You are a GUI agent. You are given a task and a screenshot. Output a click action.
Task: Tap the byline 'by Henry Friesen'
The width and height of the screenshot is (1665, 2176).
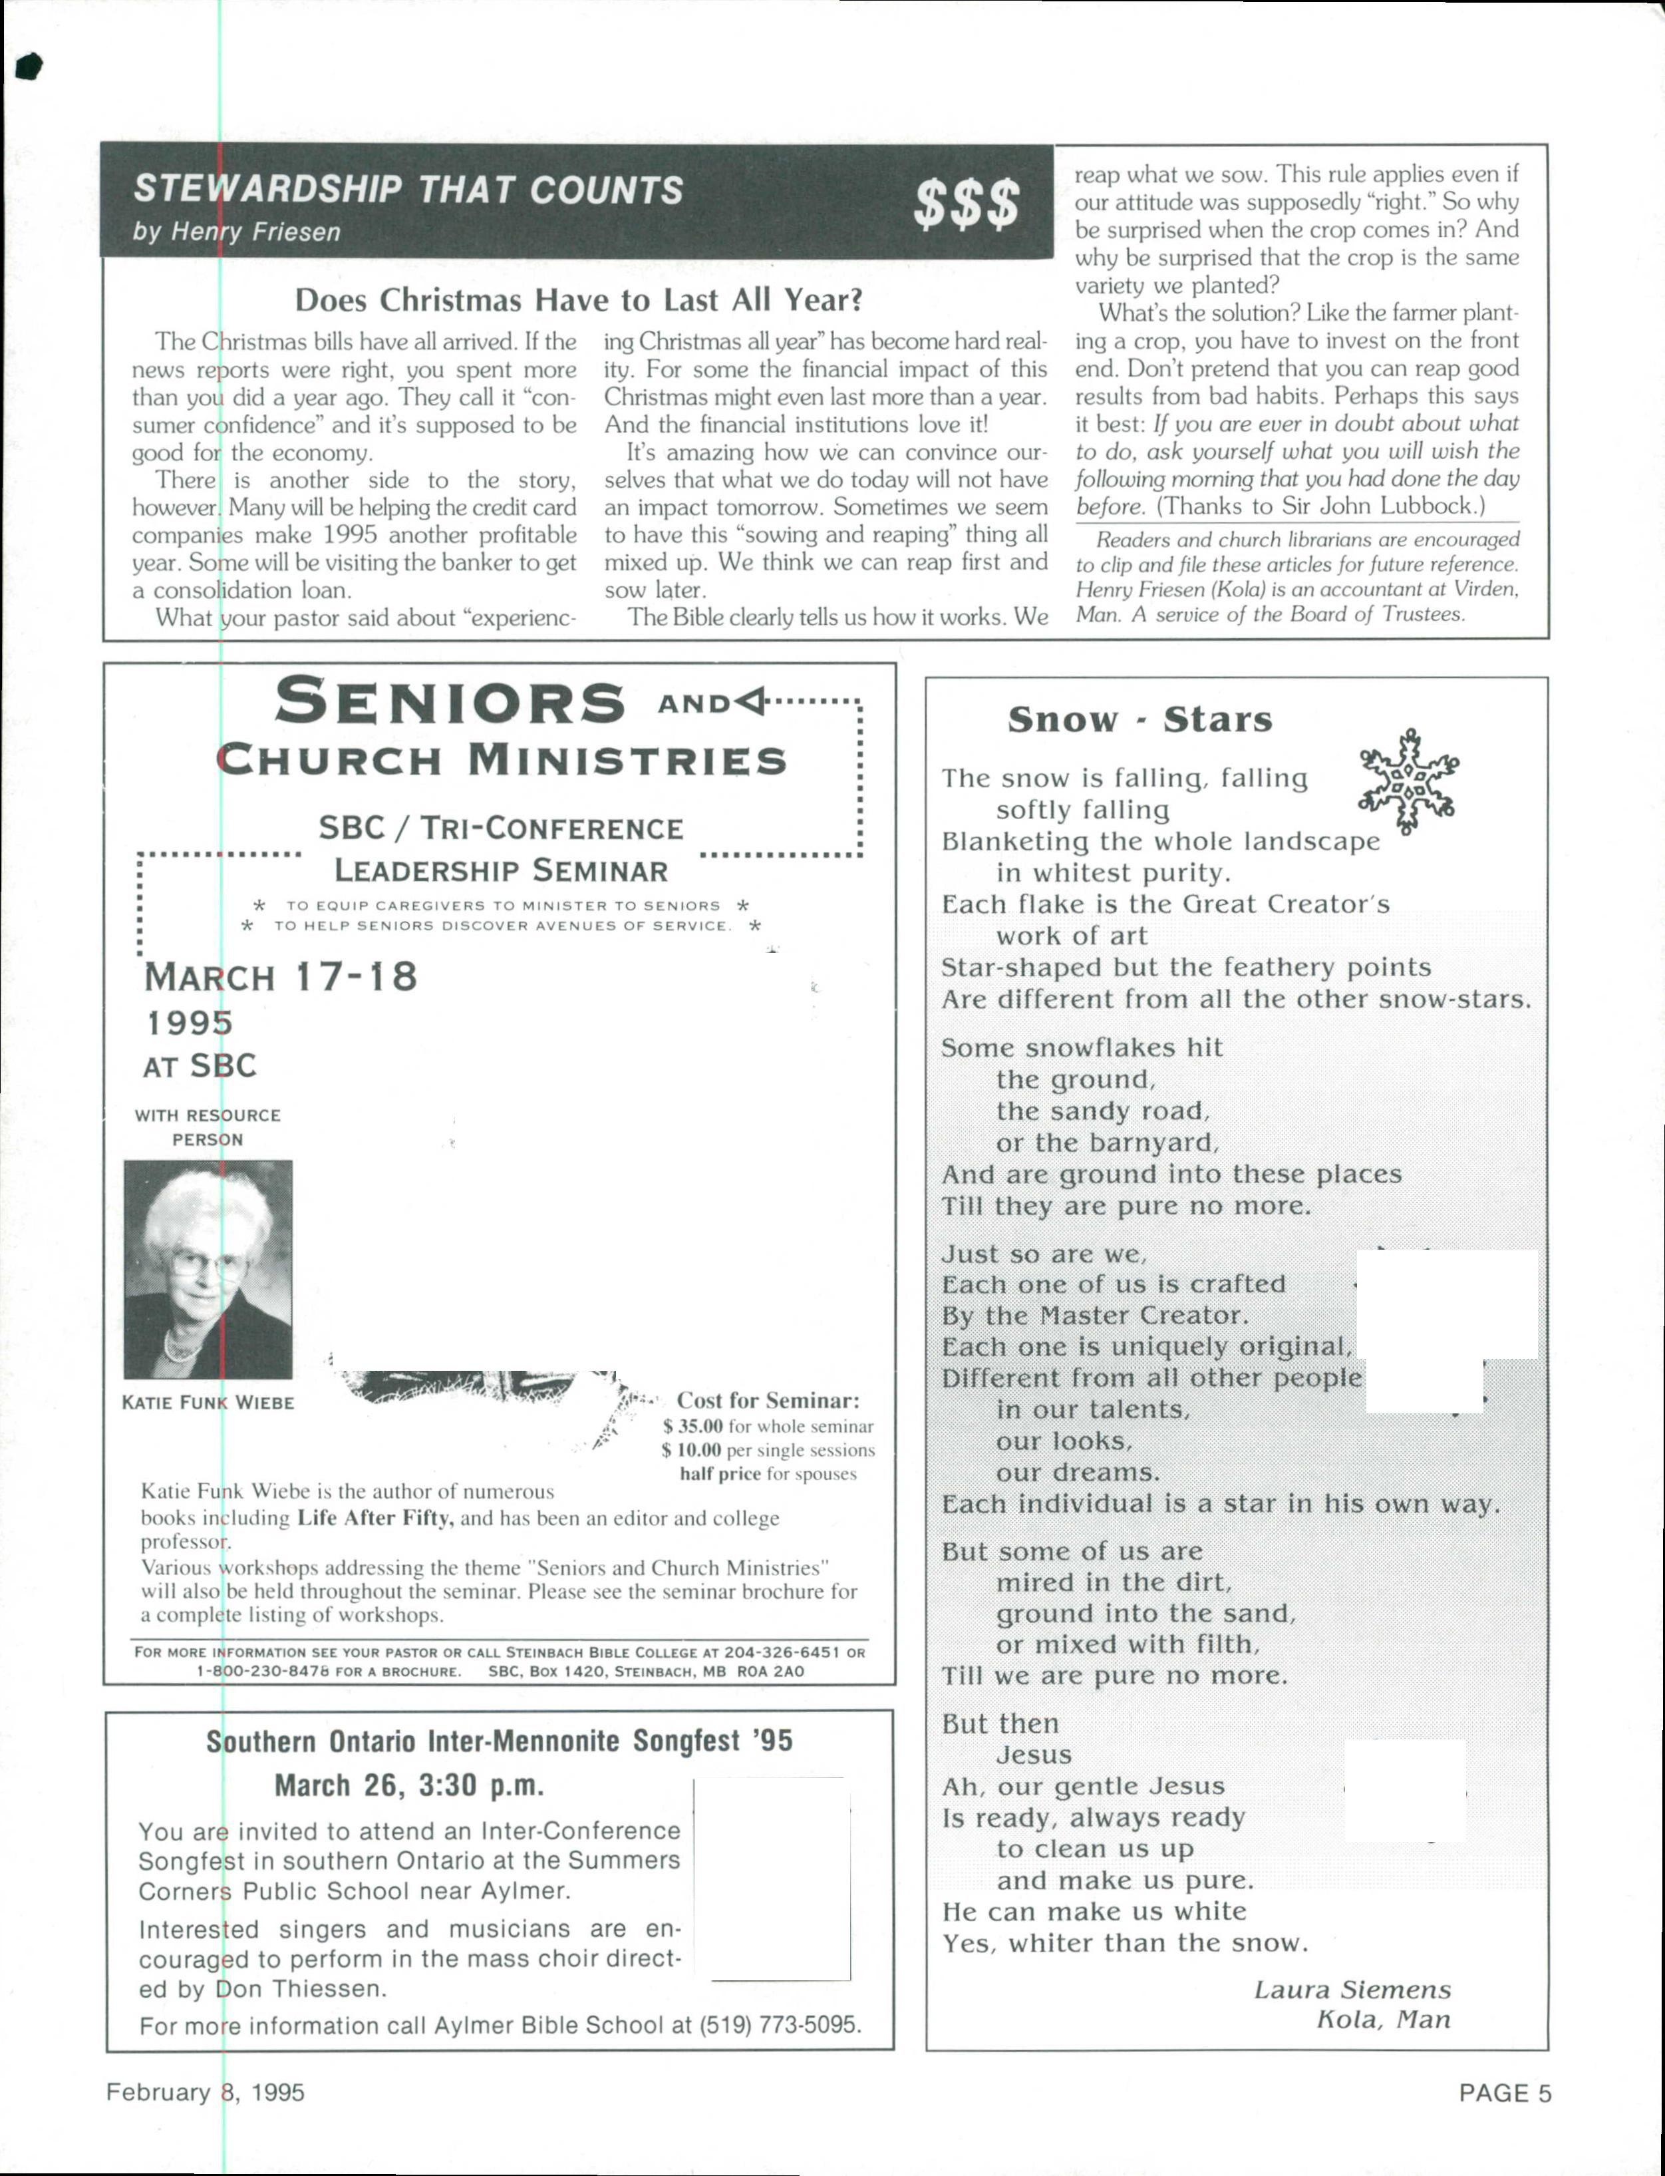[x=237, y=232]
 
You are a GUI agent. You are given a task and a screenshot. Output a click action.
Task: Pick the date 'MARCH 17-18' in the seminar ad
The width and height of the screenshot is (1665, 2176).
[x=281, y=976]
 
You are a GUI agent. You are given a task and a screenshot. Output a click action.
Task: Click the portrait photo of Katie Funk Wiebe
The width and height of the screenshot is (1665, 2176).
[x=208, y=1269]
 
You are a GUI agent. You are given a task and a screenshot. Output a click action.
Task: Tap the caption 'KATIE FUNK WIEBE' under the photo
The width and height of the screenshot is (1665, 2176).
[x=208, y=1403]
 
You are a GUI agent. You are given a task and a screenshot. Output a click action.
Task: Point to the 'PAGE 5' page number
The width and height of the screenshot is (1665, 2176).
[x=1505, y=2093]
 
